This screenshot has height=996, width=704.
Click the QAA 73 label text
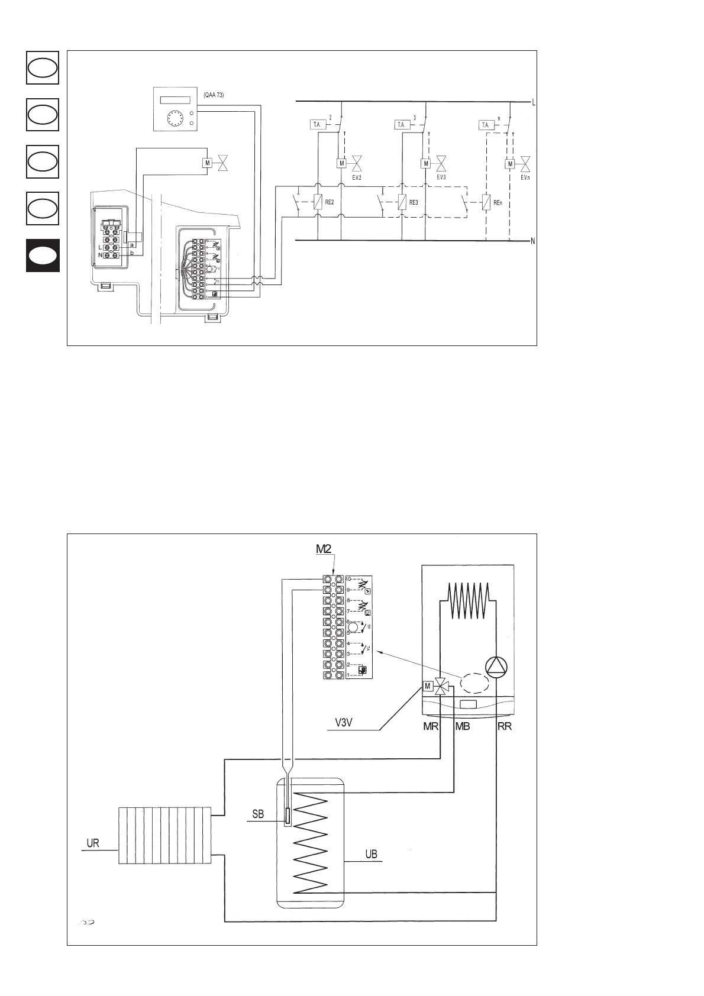tap(214, 95)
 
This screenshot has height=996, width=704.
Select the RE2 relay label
tap(331, 202)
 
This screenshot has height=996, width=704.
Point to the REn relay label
tap(498, 202)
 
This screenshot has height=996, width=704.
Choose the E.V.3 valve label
tap(441, 177)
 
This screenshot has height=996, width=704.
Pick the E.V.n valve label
tap(525, 177)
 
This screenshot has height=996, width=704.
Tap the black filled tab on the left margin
tap(43, 256)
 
